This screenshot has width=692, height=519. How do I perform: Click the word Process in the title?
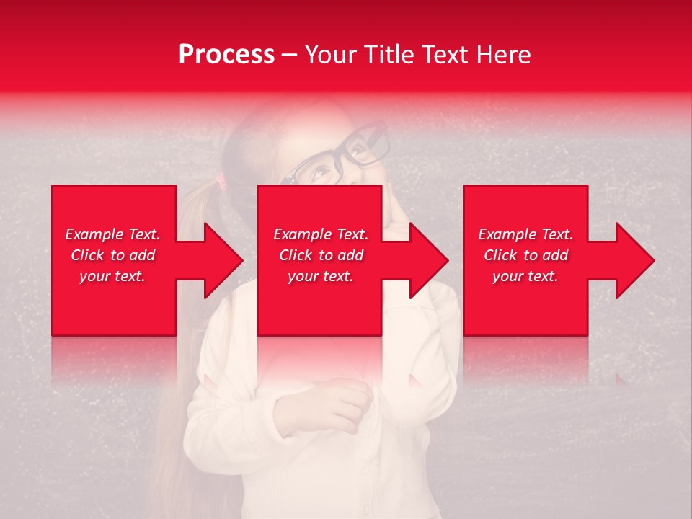[x=226, y=55]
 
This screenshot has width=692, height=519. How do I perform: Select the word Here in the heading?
[x=504, y=55]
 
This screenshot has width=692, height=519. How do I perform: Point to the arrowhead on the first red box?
[x=223, y=260]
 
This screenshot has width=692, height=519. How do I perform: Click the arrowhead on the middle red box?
[x=428, y=260]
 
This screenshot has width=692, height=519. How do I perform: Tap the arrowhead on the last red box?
[x=634, y=260]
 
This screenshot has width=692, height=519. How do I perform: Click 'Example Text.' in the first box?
[x=112, y=234]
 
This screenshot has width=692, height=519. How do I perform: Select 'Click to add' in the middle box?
[x=321, y=255]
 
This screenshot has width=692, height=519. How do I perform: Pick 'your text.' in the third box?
[x=525, y=276]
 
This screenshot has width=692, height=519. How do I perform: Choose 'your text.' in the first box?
[x=112, y=276]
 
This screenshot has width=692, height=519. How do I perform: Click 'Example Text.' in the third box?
[x=525, y=234]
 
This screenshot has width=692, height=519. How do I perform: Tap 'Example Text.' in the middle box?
[x=321, y=234]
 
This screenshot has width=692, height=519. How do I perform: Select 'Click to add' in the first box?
[x=112, y=255]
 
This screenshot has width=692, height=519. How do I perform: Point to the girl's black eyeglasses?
[x=339, y=155]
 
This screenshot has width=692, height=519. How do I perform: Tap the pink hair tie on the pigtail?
[x=221, y=182]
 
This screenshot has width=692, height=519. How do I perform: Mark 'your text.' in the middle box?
[x=321, y=276]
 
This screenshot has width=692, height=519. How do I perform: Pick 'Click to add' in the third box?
[x=525, y=255]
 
